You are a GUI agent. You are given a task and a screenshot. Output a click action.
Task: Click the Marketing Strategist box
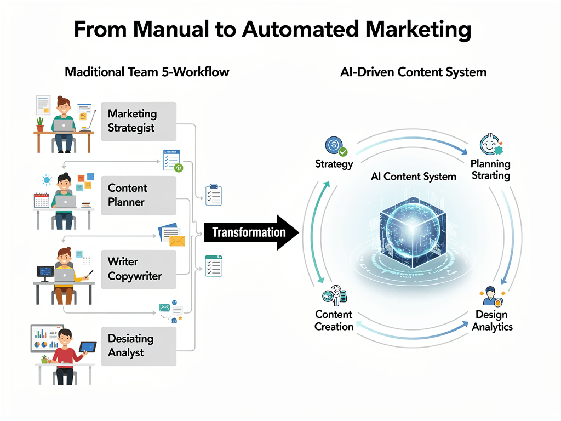[x=139, y=121]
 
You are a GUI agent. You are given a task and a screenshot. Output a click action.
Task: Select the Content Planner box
[x=139, y=195]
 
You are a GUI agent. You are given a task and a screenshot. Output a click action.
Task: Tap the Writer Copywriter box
[x=139, y=269]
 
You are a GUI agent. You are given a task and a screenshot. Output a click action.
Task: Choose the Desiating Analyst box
[x=139, y=346]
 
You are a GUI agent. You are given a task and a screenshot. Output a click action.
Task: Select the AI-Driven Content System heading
[x=414, y=72]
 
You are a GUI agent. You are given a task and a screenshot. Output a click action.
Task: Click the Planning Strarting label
[x=490, y=170]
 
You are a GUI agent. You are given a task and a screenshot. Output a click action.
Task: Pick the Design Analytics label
[x=492, y=321]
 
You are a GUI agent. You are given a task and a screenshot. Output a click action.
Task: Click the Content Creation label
[x=334, y=321]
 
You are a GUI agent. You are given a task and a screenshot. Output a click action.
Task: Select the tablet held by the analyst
[x=88, y=347]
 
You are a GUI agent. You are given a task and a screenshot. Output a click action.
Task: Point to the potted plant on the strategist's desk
[x=40, y=124]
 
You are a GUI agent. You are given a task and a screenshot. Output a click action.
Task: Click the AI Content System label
[x=414, y=177]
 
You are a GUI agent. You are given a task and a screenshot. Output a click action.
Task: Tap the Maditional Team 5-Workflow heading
[x=147, y=72]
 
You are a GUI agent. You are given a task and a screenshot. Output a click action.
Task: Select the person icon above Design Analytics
[x=490, y=295]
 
